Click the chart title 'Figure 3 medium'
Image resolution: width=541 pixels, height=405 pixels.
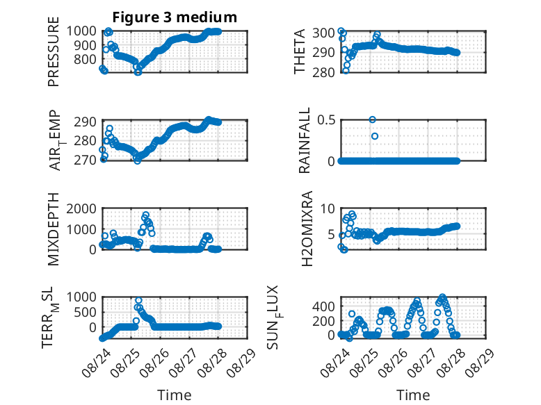pyautogui.click(x=175, y=17)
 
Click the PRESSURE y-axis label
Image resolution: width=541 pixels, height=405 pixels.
pyautogui.click(x=54, y=51)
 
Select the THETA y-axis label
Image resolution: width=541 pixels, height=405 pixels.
pyautogui.click(x=300, y=51)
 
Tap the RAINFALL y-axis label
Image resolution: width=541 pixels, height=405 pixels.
pyautogui.click(x=305, y=140)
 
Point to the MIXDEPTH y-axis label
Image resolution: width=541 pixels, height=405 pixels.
pyautogui.click(x=54, y=229)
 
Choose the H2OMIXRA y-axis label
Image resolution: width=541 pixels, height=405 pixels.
pyautogui.click(x=307, y=229)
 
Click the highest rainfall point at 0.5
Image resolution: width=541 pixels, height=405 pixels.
pyautogui.click(x=372, y=119)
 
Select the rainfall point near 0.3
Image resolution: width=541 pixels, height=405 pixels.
pyautogui.click(x=375, y=136)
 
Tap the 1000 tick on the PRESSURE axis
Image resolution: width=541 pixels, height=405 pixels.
pyautogui.click(x=81, y=31)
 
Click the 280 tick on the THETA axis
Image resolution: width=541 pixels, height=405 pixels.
pyautogui.click(x=323, y=72)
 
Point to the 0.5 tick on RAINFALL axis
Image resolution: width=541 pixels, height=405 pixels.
pyautogui.click(x=326, y=120)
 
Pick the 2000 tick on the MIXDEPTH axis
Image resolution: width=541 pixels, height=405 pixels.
pyautogui.click(x=81, y=208)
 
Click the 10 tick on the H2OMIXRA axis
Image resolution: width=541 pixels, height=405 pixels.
pyautogui.click(x=328, y=208)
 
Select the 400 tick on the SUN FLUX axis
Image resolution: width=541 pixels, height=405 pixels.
pyautogui.click(x=323, y=306)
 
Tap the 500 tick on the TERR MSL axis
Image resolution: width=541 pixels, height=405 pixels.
pyautogui.click(x=86, y=313)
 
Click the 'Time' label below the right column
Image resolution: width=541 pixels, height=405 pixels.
pyautogui.click(x=413, y=395)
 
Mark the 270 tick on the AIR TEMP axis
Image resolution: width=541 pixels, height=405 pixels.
pyautogui.click(x=86, y=160)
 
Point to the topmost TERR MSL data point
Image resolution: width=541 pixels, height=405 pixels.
pyautogui.click(x=138, y=301)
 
